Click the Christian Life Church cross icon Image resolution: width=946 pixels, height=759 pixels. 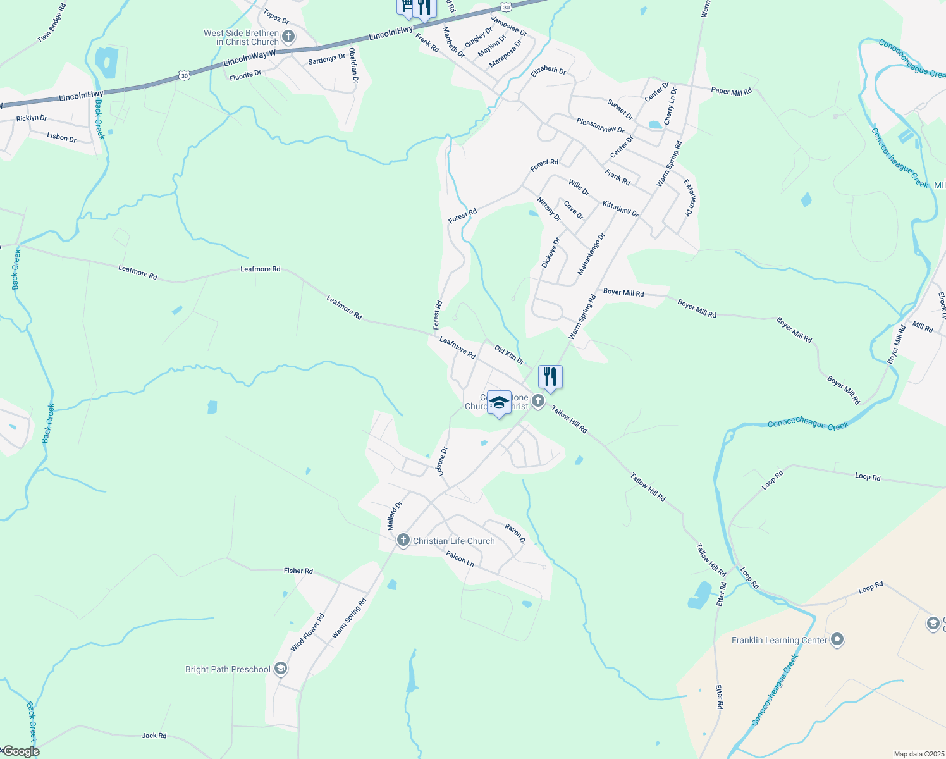pyautogui.click(x=403, y=540)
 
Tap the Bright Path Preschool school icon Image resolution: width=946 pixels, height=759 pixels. pyautogui.click(x=281, y=669)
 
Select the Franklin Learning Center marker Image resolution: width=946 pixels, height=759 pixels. pyautogui.click(x=837, y=640)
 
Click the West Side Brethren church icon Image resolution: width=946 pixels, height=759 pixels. pyautogui.click(x=288, y=37)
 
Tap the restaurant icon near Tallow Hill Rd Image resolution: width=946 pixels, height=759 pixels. pyautogui.click(x=550, y=377)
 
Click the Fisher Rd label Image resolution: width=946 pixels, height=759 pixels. pyautogui.click(x=298, y=571)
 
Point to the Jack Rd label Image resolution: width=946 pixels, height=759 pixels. pyautogui.click(x=154, y=736)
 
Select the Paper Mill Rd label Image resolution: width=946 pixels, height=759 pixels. pyautogui.click(x=732, y=91)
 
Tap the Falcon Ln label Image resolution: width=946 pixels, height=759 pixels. pyautogui.click(x=460, y=558)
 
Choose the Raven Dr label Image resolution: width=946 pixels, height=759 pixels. pyautogui.click(x=515, y=533)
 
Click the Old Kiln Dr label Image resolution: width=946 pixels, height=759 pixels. pyautogui.click(x=509, y=355)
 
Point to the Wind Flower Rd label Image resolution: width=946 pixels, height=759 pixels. pyautogui.click(x=308, y=632)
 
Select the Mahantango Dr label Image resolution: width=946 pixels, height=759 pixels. pyautogui.click(x=591, y=254)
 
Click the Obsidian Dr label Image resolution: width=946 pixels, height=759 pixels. pyautogui.click(x=354, y=66)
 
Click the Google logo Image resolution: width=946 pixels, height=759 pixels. pyautogui.click(x=21, y=751)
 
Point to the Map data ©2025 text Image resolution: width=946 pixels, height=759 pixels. pyautogui.click(x=918, y=754)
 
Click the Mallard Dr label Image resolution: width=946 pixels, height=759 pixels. pyautogui.click(x=394, y=516)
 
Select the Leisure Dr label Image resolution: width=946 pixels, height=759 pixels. pyautogui.click(x=442, y=462)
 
